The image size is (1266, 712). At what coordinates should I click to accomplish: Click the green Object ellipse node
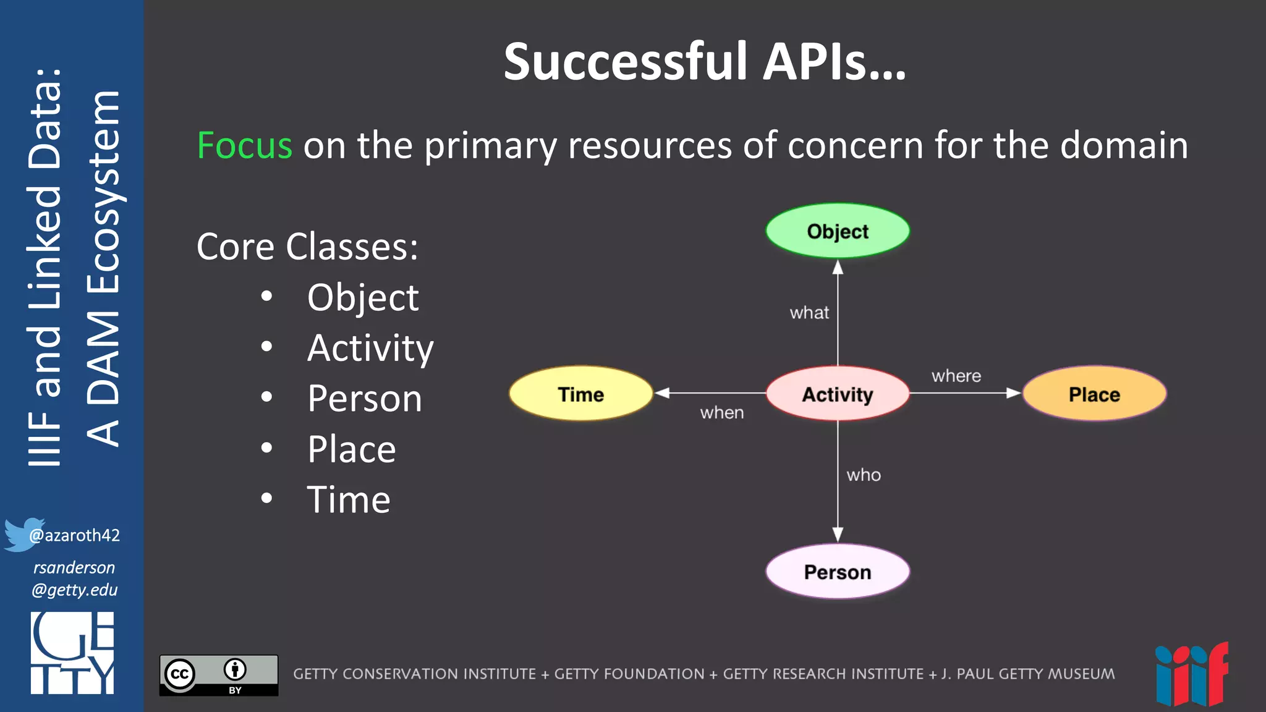pos(838,231)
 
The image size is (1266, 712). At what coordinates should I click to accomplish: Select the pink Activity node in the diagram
pos(838,394)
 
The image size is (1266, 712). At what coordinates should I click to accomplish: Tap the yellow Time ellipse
pos(580,394)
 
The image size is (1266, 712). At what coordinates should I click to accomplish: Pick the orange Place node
pos(1094,394)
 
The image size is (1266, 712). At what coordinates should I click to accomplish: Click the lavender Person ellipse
pos(838,572)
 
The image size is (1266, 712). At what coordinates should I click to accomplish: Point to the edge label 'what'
pos(809,313)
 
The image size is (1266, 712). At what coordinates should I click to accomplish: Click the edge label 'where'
pos(956,376)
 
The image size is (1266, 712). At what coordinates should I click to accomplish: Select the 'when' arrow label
pos(721,413)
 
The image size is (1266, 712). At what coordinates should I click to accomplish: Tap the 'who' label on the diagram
pos(864,475)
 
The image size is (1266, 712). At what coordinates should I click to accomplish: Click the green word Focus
pos(244,146)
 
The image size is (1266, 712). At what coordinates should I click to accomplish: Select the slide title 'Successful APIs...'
pos(704,62)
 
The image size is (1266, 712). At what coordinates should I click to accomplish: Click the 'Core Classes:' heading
pos(307,247)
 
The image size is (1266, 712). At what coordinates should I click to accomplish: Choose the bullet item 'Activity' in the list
pos(370,348)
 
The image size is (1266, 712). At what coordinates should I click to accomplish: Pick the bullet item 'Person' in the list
pos(365,399)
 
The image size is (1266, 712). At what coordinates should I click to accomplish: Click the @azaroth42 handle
pos(75,535)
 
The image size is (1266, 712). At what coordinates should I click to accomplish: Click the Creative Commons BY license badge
pos(219,675)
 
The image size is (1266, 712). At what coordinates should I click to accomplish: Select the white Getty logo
pos(72,653)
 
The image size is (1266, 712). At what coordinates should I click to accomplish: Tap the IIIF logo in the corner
pos(1191,675)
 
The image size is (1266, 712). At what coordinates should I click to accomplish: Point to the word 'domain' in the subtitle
pos(1124,146)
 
